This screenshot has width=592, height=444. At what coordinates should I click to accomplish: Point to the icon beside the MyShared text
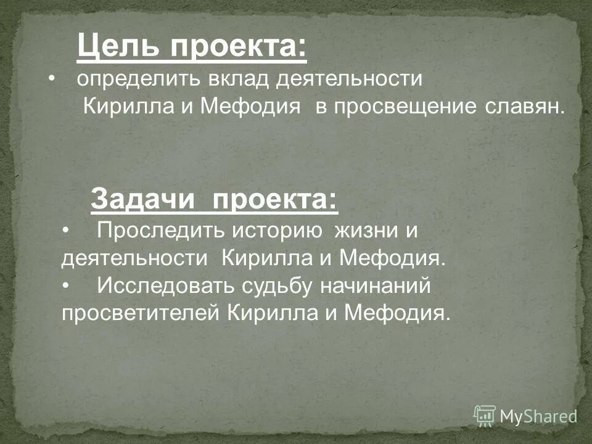(x=485, y=416)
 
